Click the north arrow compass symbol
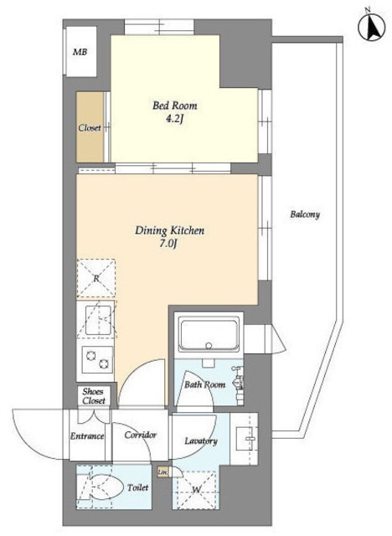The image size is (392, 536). coord(372,27)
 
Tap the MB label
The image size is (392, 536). coord(80,52)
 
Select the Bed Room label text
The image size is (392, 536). coord(175,106)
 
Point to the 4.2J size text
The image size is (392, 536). coord(175,119)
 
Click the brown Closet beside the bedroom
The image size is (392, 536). coord(90,126)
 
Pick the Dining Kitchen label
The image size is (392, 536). coord(169,230)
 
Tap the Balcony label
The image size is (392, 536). coord(305,214)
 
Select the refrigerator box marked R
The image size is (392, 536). coord(96,278)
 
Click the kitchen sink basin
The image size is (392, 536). coord(98,320)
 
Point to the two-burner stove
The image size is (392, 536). coord(97,359)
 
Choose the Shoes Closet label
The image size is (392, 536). coord(93,396)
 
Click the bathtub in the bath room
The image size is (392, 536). coord(209,335)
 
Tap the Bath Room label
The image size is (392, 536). coord(204,384)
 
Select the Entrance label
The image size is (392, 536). coord(87,436)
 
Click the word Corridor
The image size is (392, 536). coord(141,435)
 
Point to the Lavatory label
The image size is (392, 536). coord(201,441)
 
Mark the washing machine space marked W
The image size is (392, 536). coord(196,489)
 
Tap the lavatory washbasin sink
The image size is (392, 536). coord(245,439)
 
